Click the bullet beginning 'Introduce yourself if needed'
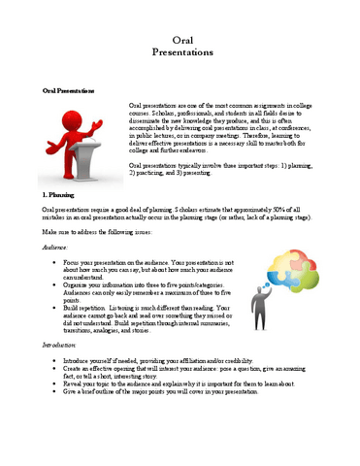(x=146, y=385)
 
